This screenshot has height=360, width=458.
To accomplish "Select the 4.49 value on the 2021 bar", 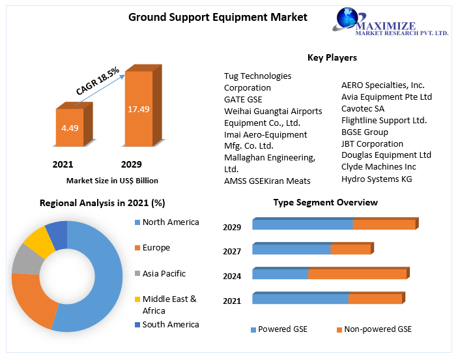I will pyautogui.click(x=70, y=128).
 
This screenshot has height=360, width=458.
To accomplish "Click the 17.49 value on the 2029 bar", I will pyautogui.click(x=138, y=109).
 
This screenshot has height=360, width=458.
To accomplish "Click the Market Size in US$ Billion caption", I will pyautogui.click(x=112, y=181).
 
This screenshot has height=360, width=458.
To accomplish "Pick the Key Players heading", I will pyautogui.click(x=332, y=57).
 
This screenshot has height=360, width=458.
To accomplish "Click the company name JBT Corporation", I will pyautogui.click(x=372, y=143).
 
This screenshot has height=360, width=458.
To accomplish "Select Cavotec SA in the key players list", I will pyautogui.click(x=363, y=108).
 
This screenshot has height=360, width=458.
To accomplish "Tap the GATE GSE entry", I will pyautogui.click(x=243, y=99).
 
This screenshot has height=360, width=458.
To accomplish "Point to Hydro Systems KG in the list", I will pyautogui.click(x=377, y=179).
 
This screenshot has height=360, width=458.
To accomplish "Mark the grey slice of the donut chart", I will pyautogui.click(x=27, y=260).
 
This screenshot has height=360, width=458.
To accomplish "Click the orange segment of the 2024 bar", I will pyautogui.click(x=357, y=274).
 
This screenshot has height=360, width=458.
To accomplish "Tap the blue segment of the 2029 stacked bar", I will pyautogui.click(x=302, y=225).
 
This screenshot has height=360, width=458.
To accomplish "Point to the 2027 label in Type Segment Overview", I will pyautogui.click(x=232, y=252).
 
